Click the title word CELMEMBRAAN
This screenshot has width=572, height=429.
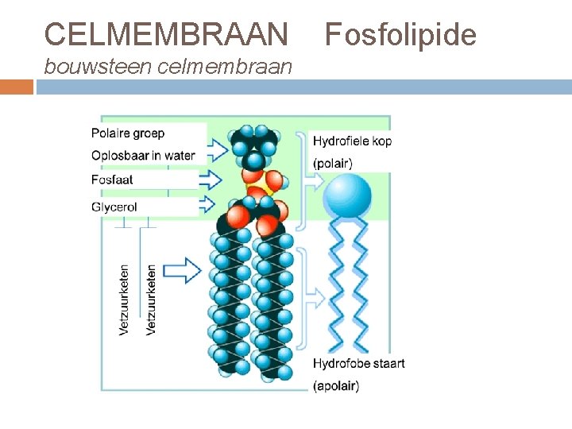pyautogui.click(x=166, y=34)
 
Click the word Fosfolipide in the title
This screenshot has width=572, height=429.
pyautogui.click(x=401, y=34)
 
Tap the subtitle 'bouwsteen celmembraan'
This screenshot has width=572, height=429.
pyautogui.click(x=168, y=67)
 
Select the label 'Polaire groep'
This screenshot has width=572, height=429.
pyautogui.click(x=128, y=133)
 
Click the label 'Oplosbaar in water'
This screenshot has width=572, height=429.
pyautogui.click(x=143, y=155)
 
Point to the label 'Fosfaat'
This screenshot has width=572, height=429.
pyautogui.click(x=112, y=180)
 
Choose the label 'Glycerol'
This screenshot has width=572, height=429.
pyautogui.click(x=114, y=207)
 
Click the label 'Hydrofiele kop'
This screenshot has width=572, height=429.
pyautogui.click(x=352, y=141)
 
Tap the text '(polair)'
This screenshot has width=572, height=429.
pyautogui.click(x=333, y=164)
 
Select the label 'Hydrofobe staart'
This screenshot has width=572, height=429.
pyautogui.click(x=358, y=363)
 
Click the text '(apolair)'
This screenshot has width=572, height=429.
pyautogui.click(x=336, y=386)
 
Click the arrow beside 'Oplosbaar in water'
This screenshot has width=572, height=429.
pyautogui.click(x=216, y=149)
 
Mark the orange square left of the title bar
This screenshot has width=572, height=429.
pyautogui.click(x=16, y=87)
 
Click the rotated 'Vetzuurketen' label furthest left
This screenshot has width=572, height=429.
pyautogui.click(x=125, y=299)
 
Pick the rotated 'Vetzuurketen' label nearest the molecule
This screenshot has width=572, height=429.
pyautogui.click(x=151, y=299)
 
